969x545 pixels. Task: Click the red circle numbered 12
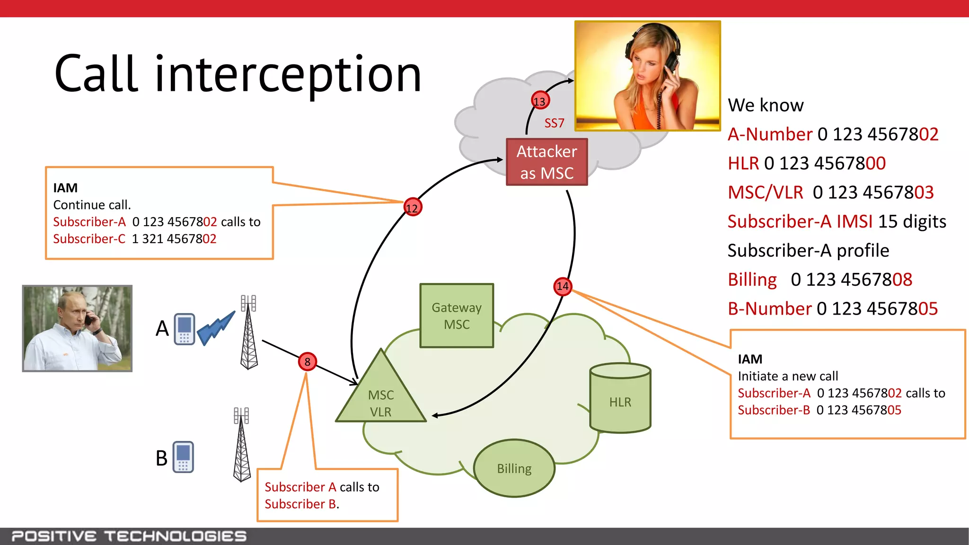[413, 207]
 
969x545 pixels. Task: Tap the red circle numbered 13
[540, 101]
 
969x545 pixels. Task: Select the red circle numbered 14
[563, 286]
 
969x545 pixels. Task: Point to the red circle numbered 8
[308, 362]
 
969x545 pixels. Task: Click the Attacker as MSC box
[546, 162]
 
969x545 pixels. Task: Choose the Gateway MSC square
[457, 316]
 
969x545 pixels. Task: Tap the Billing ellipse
[514, 468]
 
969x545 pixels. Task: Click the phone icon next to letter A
[185, 329]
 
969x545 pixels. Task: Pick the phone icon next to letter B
[183, 457]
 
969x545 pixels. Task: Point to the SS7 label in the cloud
[554, 123]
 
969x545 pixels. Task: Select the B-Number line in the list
[832, 308]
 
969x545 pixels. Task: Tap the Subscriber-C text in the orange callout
[89, 239]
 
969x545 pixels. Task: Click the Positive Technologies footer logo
[129, 536]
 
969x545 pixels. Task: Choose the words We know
[765, 105]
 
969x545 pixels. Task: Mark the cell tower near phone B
[242, 445]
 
